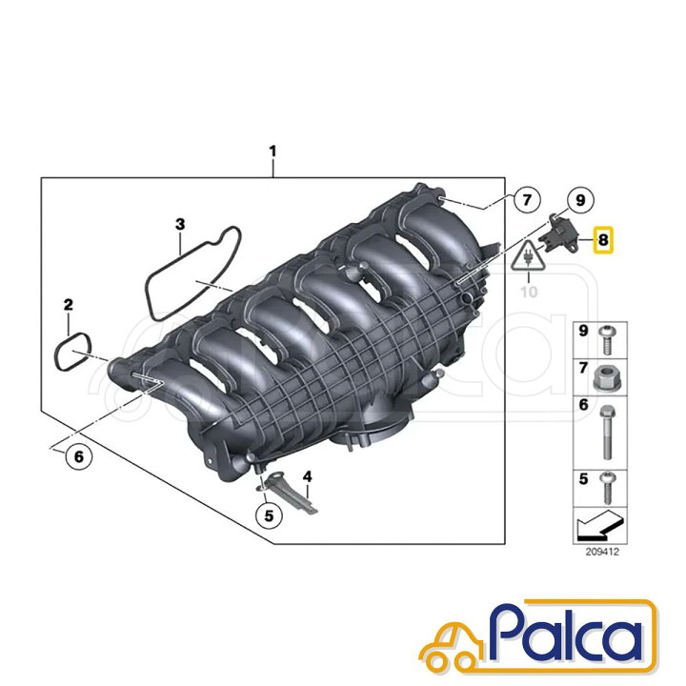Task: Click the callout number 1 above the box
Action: point(273,151)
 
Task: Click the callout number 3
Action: point(180,225)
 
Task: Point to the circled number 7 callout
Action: point(527,200)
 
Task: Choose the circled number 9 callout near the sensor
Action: point(580,200)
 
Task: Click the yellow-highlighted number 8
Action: point(603,240)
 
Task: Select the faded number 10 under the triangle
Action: point(529,292)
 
